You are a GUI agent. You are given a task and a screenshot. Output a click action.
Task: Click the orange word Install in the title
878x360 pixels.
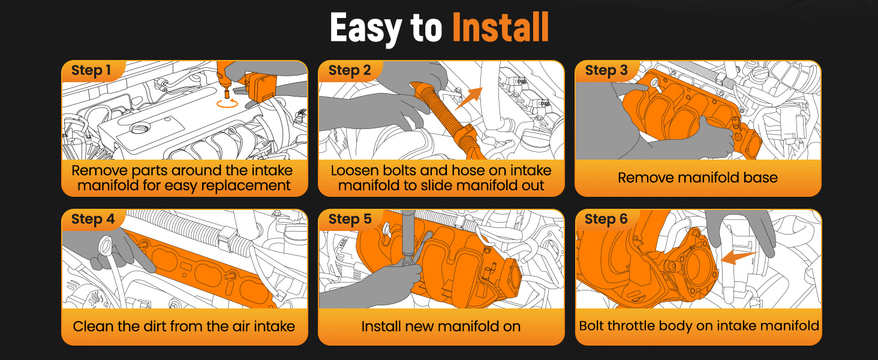[501, 27]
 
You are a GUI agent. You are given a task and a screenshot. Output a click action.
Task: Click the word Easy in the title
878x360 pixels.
[366, 28]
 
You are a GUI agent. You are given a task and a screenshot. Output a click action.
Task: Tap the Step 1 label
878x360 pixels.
[91, 70]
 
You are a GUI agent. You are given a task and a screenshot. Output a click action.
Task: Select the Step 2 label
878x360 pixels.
[350, 70]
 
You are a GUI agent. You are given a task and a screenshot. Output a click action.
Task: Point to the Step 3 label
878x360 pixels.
[606, 70]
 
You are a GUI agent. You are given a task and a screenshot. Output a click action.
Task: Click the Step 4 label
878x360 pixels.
[93, 219]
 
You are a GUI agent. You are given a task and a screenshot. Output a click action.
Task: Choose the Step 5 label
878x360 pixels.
[350, 219]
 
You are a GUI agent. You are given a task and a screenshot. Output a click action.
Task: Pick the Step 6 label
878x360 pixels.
[606, 219]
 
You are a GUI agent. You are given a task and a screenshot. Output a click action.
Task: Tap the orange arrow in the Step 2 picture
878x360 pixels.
[468, 98]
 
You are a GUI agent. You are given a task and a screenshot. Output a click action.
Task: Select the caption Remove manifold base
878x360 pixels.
[697, 178]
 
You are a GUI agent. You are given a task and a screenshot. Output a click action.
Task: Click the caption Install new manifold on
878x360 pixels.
[441, 326]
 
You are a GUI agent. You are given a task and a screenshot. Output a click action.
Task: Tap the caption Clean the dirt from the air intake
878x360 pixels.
[184, 326]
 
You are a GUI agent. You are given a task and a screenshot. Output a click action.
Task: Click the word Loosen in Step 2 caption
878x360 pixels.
[354, 170]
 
